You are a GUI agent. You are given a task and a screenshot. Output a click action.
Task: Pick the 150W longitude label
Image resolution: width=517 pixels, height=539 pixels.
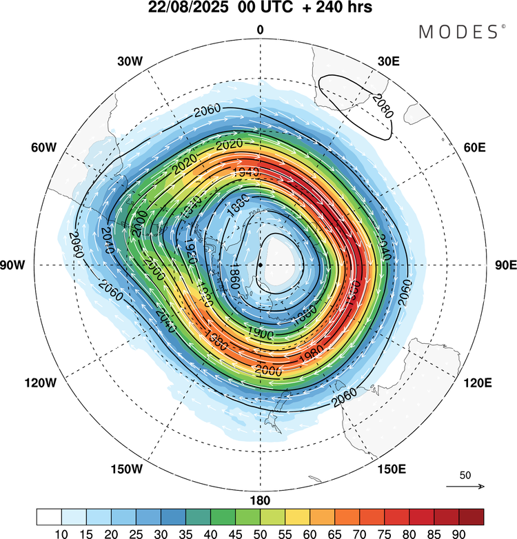126,469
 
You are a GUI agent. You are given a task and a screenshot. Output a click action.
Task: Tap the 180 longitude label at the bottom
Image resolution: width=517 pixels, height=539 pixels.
261,500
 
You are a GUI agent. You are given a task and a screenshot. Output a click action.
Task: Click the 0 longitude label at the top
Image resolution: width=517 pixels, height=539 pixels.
260,29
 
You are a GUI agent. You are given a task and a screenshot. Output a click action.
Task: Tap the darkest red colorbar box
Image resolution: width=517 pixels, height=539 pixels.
471,516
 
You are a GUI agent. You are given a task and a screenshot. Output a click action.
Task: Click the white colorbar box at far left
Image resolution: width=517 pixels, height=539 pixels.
49,516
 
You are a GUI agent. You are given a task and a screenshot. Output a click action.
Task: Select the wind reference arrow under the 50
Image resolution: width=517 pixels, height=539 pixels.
465,487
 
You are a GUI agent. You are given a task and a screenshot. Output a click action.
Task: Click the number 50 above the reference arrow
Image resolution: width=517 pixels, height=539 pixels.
465,476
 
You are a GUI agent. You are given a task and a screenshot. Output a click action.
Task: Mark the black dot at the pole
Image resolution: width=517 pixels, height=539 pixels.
260,265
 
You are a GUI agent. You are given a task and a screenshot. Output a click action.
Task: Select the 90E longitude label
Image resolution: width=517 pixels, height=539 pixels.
505,265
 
